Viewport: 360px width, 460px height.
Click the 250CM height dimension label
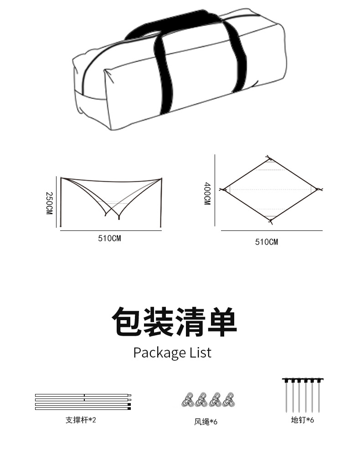tap(49, 203)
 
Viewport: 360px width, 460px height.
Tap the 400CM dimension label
tap(207, 194)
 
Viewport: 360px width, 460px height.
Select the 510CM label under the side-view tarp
tap(109, 238)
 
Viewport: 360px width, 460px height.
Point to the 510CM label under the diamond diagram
tap(266, 242)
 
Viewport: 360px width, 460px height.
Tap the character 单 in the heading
tap(222, 322)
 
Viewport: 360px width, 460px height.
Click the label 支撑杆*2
tap(81, 419)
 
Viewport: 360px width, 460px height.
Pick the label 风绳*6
tap(206, 422)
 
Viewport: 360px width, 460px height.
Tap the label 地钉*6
tap(303, 419)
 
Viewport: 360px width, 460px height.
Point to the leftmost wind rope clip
tap(187, 399)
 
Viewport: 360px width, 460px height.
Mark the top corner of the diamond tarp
tap(269, 159)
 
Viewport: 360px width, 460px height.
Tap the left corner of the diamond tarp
tap(224, 189)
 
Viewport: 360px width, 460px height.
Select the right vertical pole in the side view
tap(161, 203)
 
